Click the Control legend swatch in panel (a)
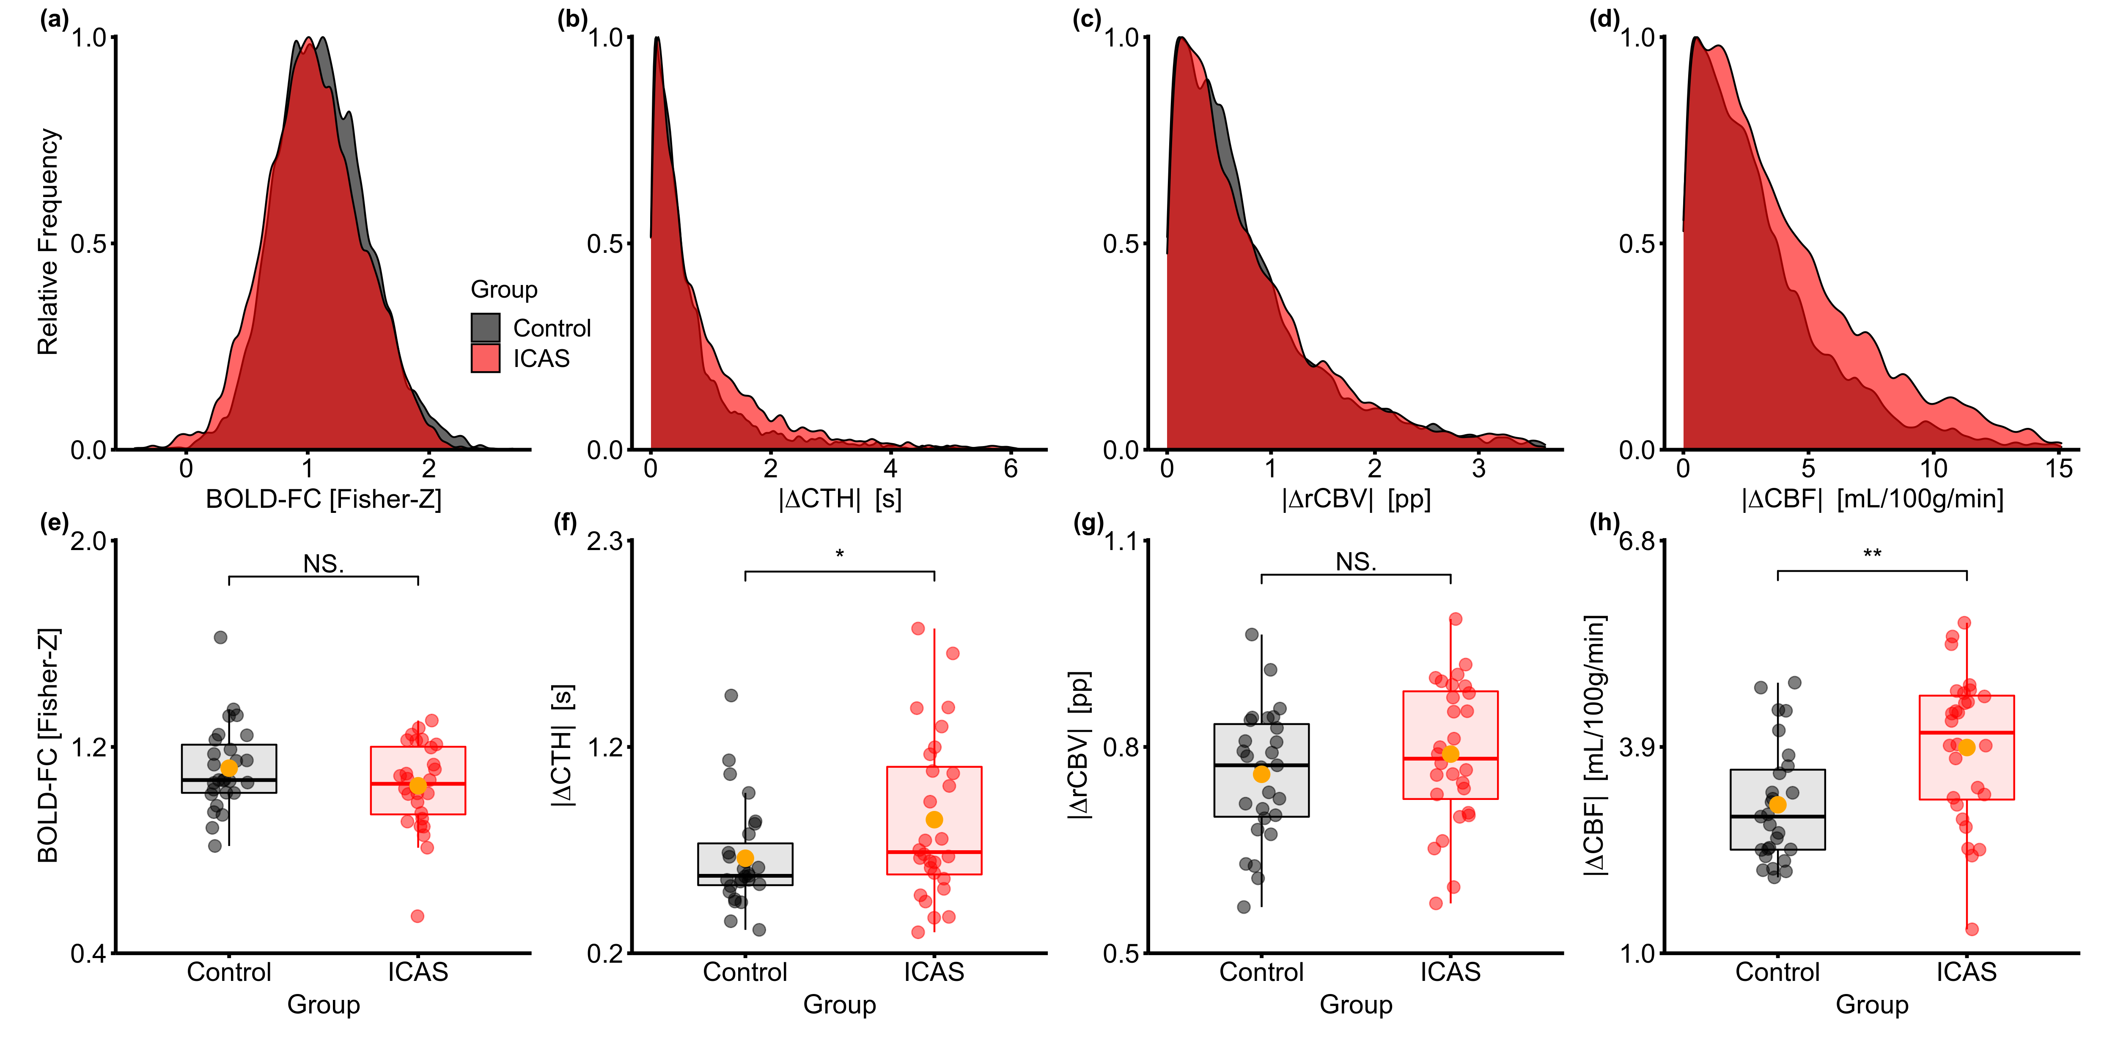pyautogui.click(x=485, y=327)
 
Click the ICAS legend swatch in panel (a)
pyautogui.click(x=485, y=359)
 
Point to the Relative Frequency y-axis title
pyautogui.click(x=48, y=242)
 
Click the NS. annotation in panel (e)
pyautogui.click(x=324, y=564)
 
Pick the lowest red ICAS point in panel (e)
pyautogui.click(x=417, y=916)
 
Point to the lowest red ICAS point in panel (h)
pyautogui.click(x=1971, y=929)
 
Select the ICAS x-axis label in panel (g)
pyautogui.click(x=1450, y=972)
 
